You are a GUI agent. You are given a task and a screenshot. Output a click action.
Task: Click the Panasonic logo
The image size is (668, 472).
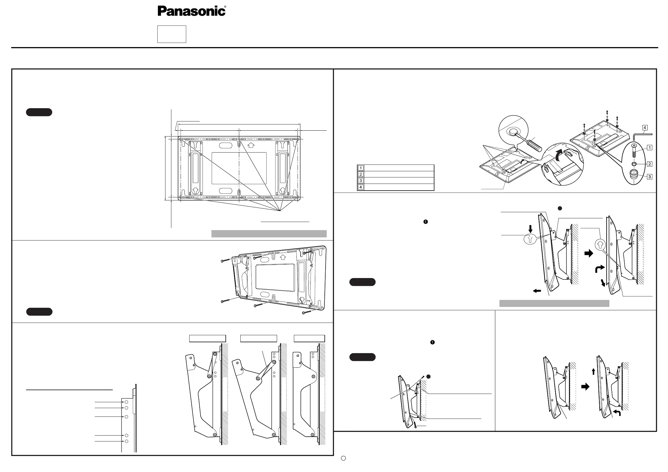coord(192,11)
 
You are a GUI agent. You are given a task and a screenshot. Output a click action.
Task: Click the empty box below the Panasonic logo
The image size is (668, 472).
coord(172,34)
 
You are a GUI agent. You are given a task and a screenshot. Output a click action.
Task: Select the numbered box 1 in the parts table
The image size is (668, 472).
coord(361,168)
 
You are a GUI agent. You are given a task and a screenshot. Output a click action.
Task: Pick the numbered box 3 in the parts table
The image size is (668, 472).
coord(361,181)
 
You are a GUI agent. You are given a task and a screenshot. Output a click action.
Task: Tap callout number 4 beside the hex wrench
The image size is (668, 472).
coord(645,128)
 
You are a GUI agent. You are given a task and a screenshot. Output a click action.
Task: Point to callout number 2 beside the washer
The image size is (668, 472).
coord(649,164)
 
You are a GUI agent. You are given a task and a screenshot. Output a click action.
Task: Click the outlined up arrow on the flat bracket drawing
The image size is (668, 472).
coord(251,145)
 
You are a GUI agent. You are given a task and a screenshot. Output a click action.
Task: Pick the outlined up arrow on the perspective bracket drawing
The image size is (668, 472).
coord(282,257)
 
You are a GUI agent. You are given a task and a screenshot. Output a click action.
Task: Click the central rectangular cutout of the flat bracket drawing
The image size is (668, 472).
coord(239,168)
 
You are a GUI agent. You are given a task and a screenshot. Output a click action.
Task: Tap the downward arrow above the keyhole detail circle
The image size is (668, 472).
coord(530,229)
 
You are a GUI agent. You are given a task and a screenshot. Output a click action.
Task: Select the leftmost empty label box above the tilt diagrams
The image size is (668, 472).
coord(208,338)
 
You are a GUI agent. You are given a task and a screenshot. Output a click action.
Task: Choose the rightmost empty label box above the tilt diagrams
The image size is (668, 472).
coord(309,338)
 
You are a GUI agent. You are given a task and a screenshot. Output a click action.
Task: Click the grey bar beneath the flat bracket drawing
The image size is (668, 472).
coord(269,234)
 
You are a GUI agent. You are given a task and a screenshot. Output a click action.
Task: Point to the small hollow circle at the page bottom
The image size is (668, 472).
coord(343,458)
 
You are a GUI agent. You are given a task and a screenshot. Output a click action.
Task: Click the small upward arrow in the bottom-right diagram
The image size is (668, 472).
coord(593,371)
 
